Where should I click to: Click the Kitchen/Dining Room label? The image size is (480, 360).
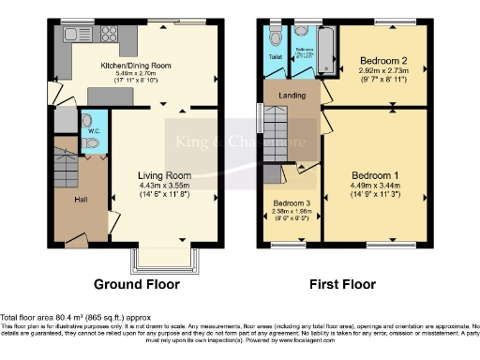pyautogui.click(x=136, y=66)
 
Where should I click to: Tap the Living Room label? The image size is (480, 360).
pyautogui.click(x=164, y=175)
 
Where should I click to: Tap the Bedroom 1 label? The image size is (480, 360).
pyautogui.click(x=375, y=175)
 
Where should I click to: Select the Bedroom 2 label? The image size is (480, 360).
pyautogui.click(x=382, y=61)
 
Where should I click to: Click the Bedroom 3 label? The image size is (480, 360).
pyautogui.click(x=292, y=203)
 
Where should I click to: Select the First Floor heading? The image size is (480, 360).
pyautogui.click(x=343, y=283)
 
